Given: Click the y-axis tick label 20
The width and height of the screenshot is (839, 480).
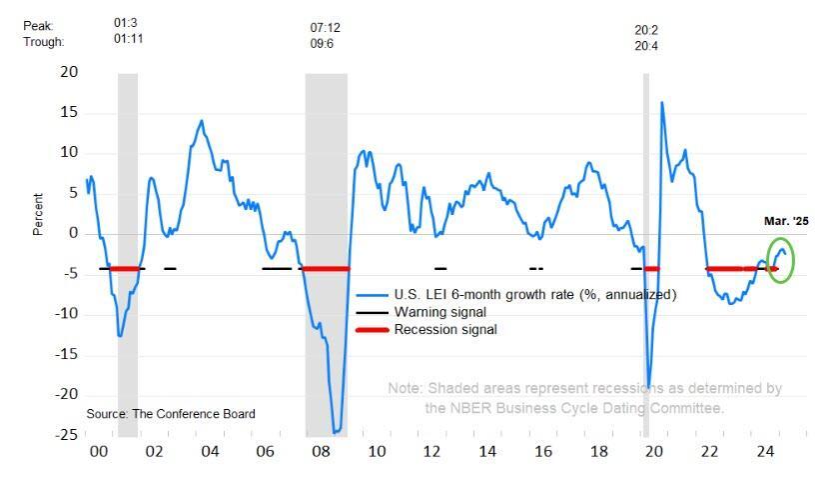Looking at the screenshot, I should click(69, 72).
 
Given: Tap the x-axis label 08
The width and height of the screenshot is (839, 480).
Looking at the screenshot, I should click(321, 452).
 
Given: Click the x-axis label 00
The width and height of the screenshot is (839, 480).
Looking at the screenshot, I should click(99, 452).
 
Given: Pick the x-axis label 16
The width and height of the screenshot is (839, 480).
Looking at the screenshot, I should click(542, 452).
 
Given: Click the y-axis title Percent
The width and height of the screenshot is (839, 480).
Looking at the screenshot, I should click(38, 214).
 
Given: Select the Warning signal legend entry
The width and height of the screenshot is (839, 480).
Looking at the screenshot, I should click(439, 312).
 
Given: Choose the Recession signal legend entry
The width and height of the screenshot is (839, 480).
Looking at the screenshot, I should click(445, 329).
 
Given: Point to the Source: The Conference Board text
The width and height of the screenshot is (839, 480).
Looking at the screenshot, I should click(171, 413).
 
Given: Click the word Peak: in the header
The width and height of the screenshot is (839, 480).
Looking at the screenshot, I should click(40, 25).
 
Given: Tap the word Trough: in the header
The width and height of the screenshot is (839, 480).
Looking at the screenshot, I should click(44, 42).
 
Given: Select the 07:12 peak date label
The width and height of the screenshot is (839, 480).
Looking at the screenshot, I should click(327, 27).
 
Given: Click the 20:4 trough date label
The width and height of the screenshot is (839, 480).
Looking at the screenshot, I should click(646, 46).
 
